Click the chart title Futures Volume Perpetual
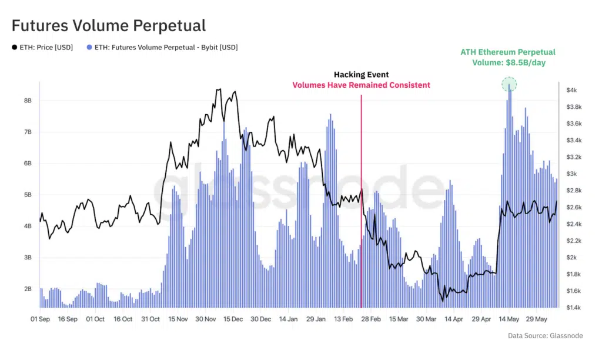[x=109, y=26]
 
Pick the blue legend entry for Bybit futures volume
[x=162, y=48]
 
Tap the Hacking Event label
[x=361, y=75]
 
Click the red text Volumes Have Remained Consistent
[x=361, y=85]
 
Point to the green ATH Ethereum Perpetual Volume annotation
[x=509, y=58]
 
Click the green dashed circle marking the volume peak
[x=509, y=84]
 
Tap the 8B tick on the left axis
[x=27, y=101]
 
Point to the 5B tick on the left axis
[x=27, y=195]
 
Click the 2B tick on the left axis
[x=27, y=289]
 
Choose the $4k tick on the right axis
[x=573, y=90]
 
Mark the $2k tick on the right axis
[x=573, y=258]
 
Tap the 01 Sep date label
[x=40, y=319]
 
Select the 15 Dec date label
[x=233, y=319]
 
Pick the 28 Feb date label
[x=371, y=319]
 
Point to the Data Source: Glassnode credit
[x=546, y=336]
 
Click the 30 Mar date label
[x=426, y=319]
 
